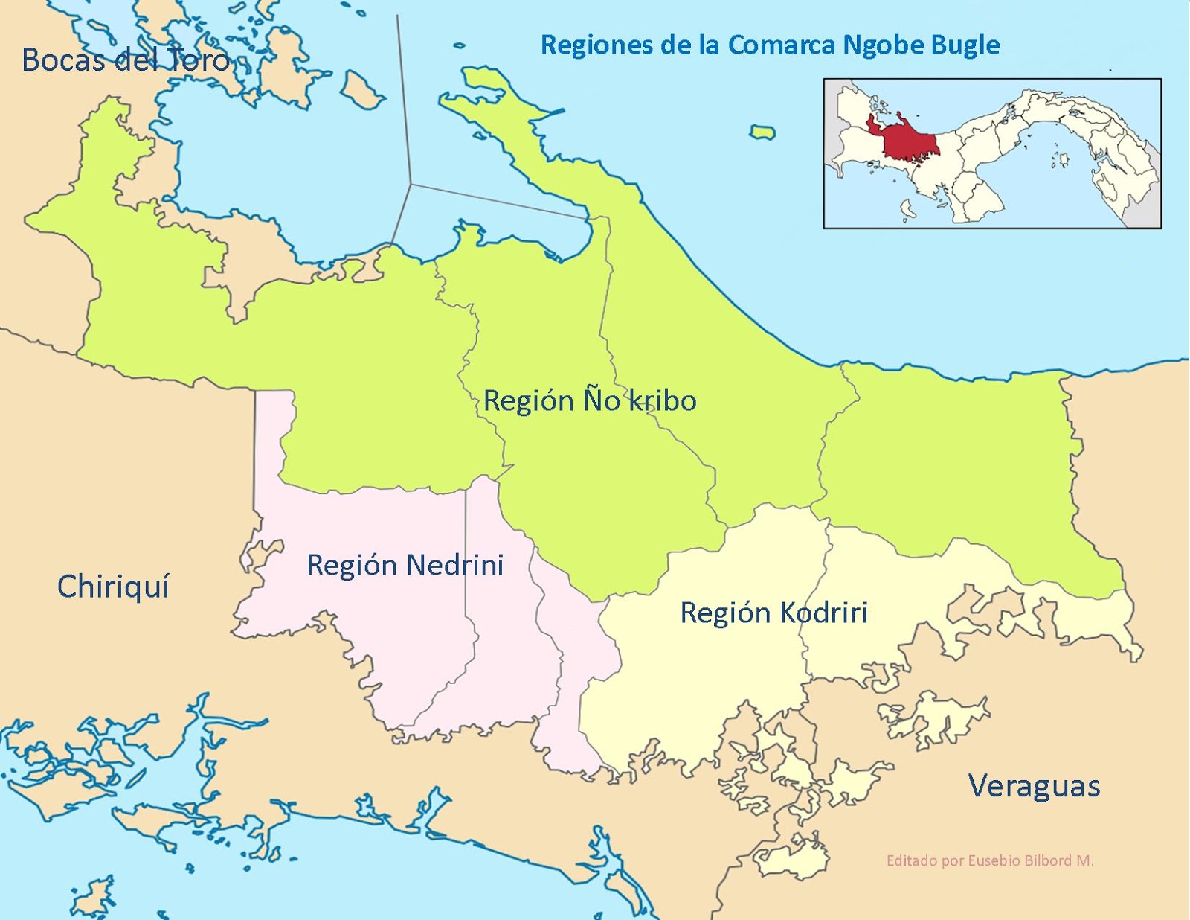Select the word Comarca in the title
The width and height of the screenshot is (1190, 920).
pyautogui.click(x=781, y=45)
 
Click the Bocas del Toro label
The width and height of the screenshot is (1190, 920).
pyautogui.click(x=126, y=60)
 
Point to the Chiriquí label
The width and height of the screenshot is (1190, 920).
pyautogui.click(x=113, y=587)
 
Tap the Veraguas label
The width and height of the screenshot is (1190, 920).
pyautogui.click(x=1034, y=786)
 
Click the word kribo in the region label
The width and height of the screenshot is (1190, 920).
pyautogui.click(x=663, y=400)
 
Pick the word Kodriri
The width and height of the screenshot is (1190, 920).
pyautogui.click(x=823, y=613)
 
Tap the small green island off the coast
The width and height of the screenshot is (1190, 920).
pyautogui.click(x=762, y=133)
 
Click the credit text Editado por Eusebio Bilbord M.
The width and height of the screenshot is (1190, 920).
pyautogui.click(x=990, y=860)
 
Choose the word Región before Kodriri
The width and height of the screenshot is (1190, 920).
pyautogui.click(x=725, y=613)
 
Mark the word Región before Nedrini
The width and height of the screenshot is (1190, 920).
pyautogui.click(x=352, y=566)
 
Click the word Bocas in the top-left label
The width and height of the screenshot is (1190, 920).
pyautogui.click(x=63, y=60)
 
